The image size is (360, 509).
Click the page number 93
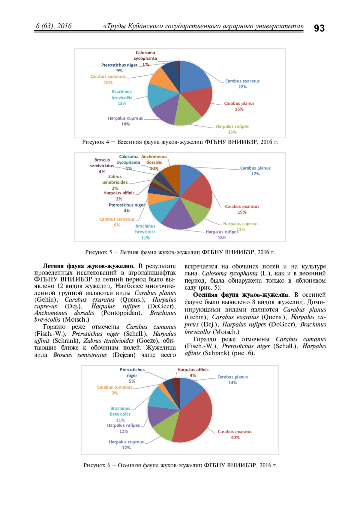pos(319,28)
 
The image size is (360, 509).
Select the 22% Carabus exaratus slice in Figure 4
pos(195,76)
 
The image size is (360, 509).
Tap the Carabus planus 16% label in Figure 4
pos(239,106)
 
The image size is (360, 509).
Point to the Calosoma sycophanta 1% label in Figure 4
pos(145,58)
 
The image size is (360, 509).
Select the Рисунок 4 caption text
pos(180,142)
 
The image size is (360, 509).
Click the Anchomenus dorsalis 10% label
pos(154,162)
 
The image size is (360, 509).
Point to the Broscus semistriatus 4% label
pos(102,166)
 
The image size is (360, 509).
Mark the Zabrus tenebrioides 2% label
pos(115,182)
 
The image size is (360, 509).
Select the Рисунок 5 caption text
pos(180,252)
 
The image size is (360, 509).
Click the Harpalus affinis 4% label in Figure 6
pos(193,372)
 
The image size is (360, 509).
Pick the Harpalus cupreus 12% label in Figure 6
pos(126,445)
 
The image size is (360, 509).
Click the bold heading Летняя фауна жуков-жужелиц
pos(88,266)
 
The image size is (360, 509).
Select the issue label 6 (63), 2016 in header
pos(54,26)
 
